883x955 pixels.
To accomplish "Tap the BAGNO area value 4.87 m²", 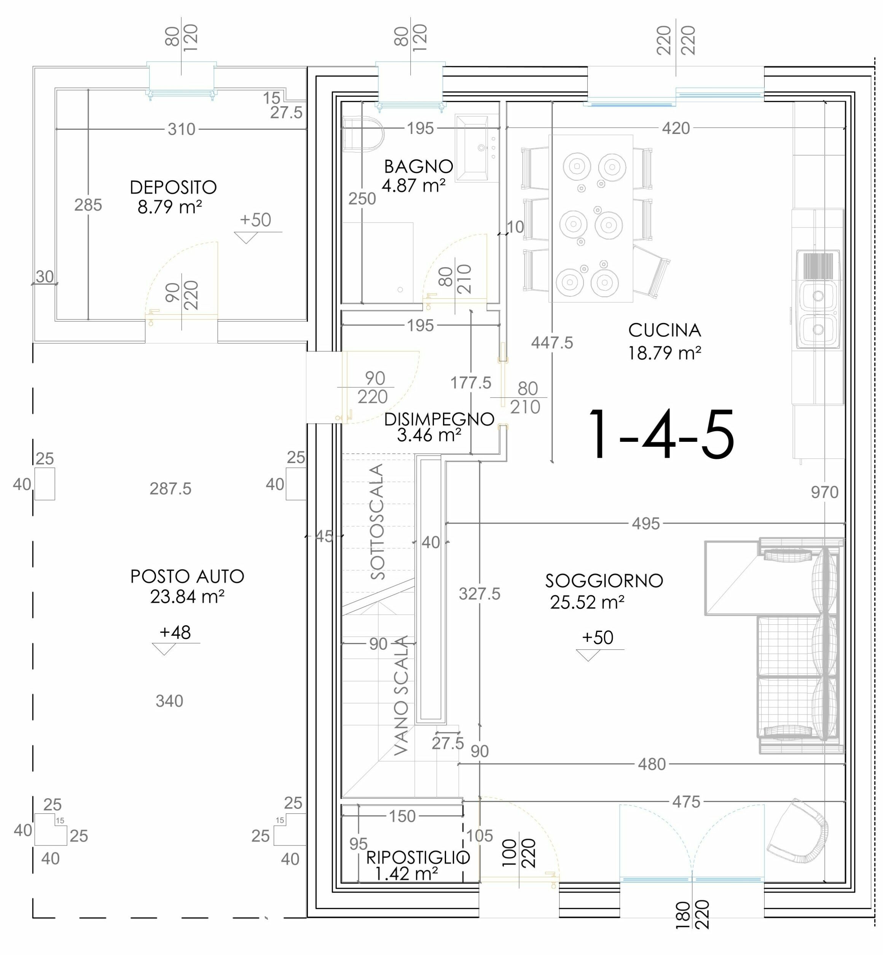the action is tap(413, 185).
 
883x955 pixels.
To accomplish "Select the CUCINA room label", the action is tap(664, 330).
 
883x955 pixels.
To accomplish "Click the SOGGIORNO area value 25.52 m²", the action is tap(587, 602).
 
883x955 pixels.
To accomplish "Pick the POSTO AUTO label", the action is tap(187, 577).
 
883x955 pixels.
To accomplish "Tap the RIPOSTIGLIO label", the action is tap(418, 858).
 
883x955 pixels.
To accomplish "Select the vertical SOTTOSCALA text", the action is tap(377, 522).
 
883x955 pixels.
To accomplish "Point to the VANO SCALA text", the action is tap(402, 695).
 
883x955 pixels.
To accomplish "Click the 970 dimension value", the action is tap(824, 492).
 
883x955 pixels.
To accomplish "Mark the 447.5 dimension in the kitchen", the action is tap(552, 342).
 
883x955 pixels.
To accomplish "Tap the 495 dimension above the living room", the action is tap(646, 524).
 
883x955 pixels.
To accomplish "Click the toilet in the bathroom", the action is tap(363, 134).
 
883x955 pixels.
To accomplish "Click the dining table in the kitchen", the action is tap(591, 218).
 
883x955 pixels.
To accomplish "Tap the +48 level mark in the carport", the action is tap(175, 632).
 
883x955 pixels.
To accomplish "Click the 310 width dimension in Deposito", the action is tap(182, 129).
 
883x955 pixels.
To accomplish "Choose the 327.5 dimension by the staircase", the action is tap(479, 594).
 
